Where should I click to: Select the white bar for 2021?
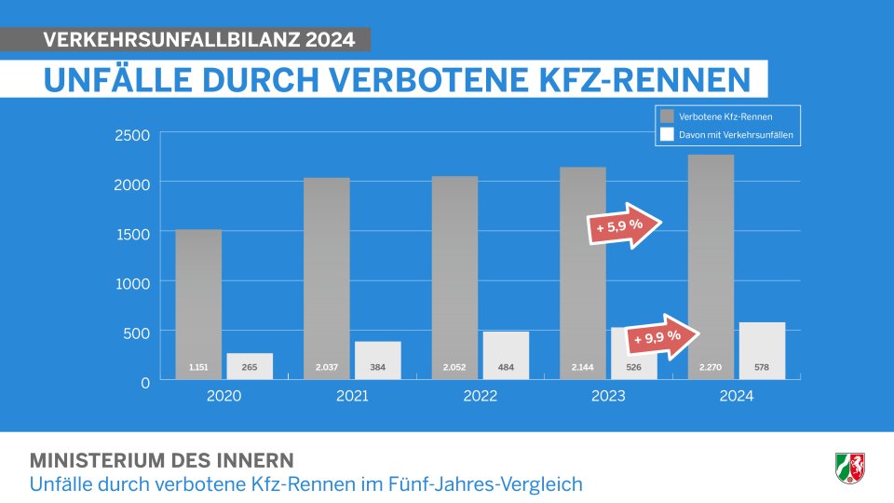(377, 359)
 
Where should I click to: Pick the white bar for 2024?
(762, 349)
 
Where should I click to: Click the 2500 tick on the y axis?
(131, 135)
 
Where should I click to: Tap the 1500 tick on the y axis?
(131, 234)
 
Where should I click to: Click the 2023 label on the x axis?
(608, 396)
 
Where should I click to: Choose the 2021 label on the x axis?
(352, 396)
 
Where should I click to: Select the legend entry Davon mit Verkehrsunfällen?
(726, 135)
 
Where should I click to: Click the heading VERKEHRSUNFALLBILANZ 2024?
(199, 40)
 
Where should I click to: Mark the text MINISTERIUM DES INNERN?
(162, 460)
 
